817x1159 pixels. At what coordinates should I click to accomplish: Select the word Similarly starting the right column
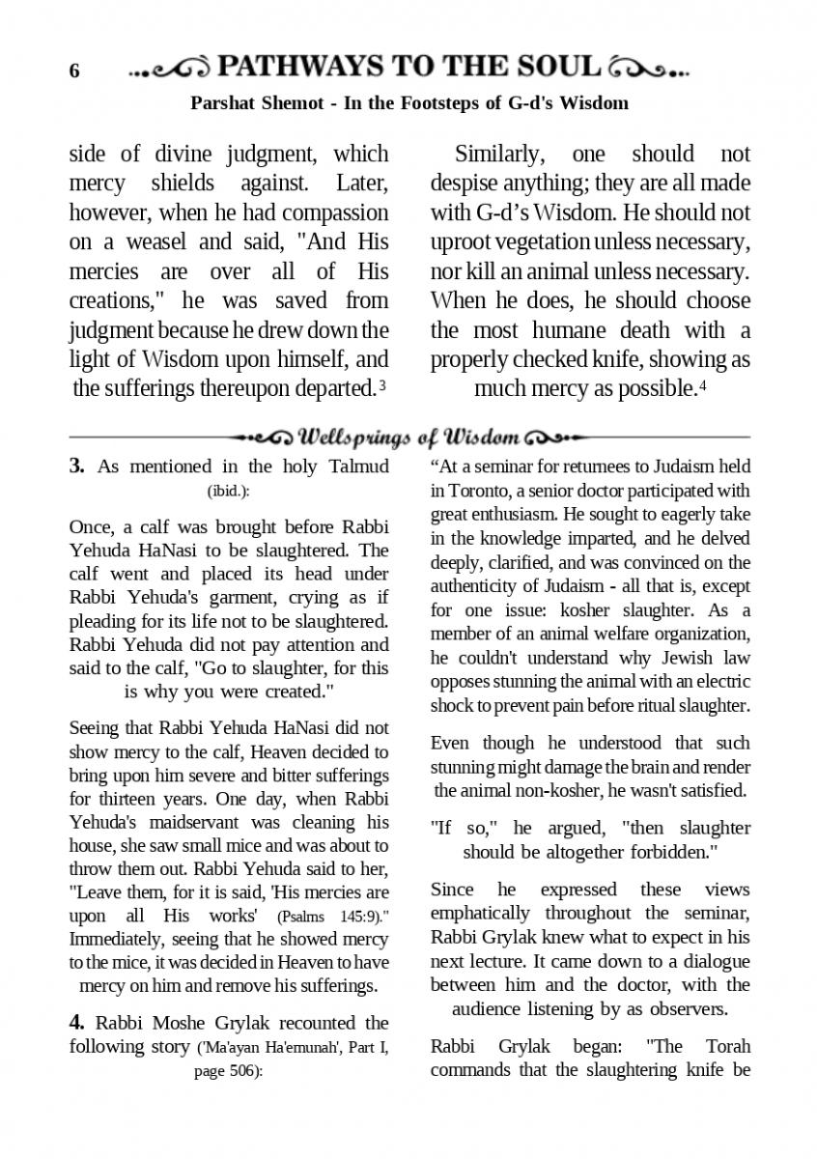[499, 154]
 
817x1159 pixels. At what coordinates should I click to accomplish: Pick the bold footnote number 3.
[75, 466]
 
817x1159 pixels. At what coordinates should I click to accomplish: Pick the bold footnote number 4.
[75, 1023]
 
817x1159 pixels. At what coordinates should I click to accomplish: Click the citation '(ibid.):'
[229, 491]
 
